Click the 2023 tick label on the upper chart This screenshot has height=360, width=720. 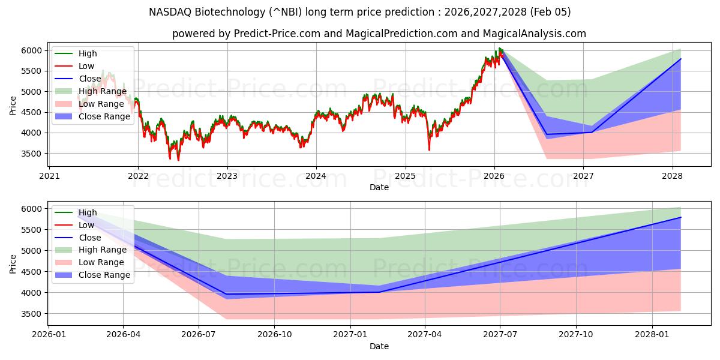click(x=227, y=176)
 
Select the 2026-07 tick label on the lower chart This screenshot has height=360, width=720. click(x=199, y=334)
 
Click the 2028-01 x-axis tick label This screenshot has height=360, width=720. click(x=651, y=334)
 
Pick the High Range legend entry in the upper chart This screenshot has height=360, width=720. click(x=102, y=91)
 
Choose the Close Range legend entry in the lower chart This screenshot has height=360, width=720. click(x=104, y=275)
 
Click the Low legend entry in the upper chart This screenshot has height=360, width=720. click(x=86, y=66)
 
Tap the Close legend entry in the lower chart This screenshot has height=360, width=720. click(x=90, y=238)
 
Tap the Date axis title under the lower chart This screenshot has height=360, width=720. click(x=379, y=346)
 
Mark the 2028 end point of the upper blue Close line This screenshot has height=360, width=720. click(x=680, y=59)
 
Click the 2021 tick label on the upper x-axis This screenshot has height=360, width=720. click(x=49, y=176)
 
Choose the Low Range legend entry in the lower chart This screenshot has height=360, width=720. click(x=101, y=262)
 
